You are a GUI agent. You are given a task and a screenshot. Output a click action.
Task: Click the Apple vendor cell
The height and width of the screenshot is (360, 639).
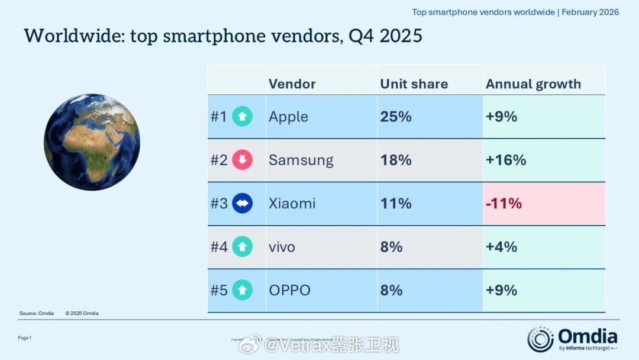(x=288, y=117)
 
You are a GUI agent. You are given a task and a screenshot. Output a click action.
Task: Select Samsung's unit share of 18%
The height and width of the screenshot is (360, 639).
(x=396, y=160)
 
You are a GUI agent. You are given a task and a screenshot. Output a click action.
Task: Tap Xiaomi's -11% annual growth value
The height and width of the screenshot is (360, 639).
(x=504, y=204)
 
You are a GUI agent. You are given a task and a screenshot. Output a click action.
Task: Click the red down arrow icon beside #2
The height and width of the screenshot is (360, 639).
(x=242, y=160)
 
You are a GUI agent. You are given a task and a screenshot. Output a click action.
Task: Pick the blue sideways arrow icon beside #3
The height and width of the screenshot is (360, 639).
(x=242, y=204)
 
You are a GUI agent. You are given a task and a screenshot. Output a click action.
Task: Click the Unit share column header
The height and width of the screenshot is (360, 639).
(x=414, y=84)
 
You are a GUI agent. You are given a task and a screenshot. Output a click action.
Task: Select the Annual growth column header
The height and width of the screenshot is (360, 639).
(x=533, y=84)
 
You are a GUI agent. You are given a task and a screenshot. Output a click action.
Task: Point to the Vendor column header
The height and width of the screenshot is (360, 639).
(x=292, y=84)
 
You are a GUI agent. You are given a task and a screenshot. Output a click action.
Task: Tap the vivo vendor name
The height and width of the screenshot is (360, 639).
(x=282, y=247)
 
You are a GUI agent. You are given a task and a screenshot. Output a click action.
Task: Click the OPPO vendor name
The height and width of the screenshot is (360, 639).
(x=289, y=290)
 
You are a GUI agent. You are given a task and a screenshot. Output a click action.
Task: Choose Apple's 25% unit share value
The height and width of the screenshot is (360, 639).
(x=396, y=117)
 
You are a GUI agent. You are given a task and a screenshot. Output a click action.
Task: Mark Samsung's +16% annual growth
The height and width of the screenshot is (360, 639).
(x=505, y=160)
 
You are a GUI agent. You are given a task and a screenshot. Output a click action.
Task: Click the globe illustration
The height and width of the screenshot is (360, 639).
(x=92, y=142)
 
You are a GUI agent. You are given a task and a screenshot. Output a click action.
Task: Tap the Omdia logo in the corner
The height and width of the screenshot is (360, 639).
(x=572, y=339)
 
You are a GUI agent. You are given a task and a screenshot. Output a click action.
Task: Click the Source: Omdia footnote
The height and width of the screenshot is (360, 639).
(x=36, y=313)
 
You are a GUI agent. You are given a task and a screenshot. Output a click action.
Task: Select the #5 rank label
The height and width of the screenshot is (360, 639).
(x=219, y=290)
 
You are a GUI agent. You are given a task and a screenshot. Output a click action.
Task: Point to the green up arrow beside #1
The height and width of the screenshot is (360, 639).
(x=242, y=117)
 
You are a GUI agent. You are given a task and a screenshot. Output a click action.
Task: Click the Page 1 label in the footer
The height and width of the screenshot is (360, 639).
(x=24, y=337)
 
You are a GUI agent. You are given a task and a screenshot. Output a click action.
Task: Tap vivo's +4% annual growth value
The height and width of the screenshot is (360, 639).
(x=501, y=247)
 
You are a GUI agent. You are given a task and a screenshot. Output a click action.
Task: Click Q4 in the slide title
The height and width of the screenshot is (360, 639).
(x=361, y=36)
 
